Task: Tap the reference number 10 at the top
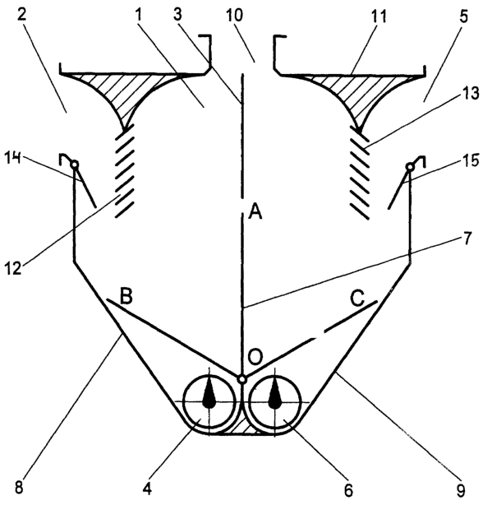coord(236,15)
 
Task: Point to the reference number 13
coord(471,94)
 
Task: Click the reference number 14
coord(13,159)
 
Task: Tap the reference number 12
coord(13,267)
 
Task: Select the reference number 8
coord(19,488)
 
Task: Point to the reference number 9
coord(461,490)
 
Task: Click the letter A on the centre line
coord(255,212)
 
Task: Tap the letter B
coord(126,297)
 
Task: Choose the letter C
coord(357,299)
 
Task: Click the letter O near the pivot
coord(256,357)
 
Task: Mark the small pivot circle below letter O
coord(242,379)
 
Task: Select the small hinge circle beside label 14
coord(75,164)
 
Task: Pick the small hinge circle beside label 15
coord(410,167)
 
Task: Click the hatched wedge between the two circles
coord(241,428)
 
